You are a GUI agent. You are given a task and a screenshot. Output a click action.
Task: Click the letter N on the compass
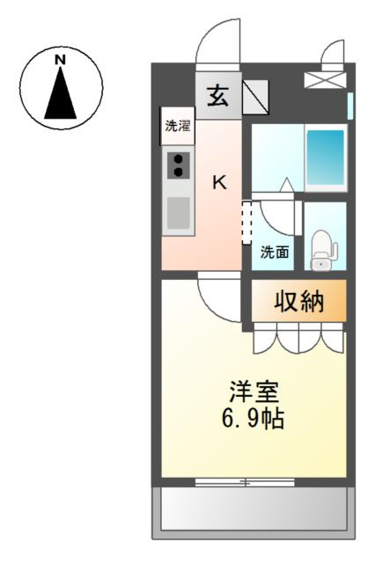point(61,60)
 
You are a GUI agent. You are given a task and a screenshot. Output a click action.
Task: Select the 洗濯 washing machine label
point(178,126)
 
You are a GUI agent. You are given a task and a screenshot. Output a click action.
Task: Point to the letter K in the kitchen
point(220,182)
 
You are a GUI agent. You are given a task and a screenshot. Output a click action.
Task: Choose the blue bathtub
point(326,157)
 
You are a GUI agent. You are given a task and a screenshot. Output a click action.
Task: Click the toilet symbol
point(324,249)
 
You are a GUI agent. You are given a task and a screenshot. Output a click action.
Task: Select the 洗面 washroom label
point(275,252)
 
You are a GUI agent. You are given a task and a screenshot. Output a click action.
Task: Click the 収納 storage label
point(299,302)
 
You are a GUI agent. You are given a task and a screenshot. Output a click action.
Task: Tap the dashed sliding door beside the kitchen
point(246,223)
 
